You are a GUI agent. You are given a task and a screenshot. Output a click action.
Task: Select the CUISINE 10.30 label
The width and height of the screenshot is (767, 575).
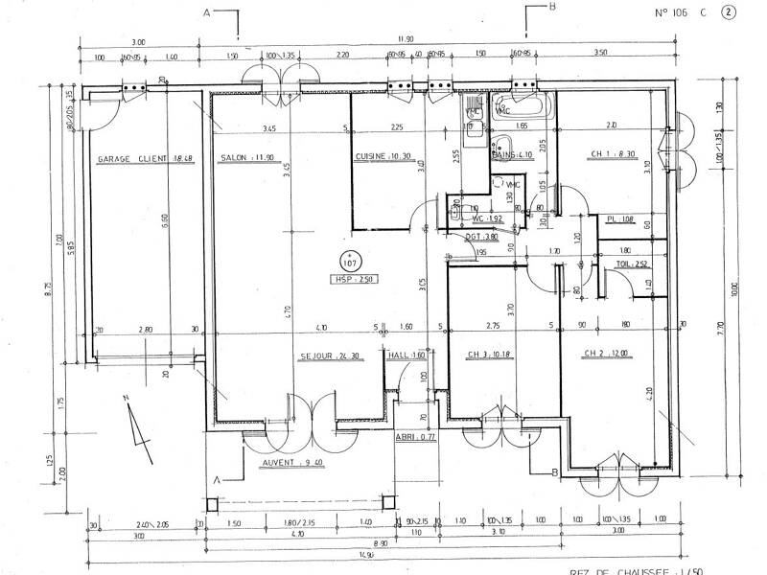(x=383, y=156)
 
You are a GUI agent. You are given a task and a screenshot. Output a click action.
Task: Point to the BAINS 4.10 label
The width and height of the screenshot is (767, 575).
(x=513, y=153)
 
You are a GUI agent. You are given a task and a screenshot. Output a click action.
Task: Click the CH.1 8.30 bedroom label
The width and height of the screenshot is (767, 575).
(x=613, y=154)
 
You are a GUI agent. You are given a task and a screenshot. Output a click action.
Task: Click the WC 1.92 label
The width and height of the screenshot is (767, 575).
(x=488, y=218)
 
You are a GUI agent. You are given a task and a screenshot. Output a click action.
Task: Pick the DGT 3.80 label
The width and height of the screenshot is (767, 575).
(x=478, y=236)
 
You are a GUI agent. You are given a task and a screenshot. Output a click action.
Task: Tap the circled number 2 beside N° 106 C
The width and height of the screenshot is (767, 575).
(x=730, y=13)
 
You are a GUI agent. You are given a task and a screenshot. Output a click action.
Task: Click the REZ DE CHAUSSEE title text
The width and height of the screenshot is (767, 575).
(x=662, y=569)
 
